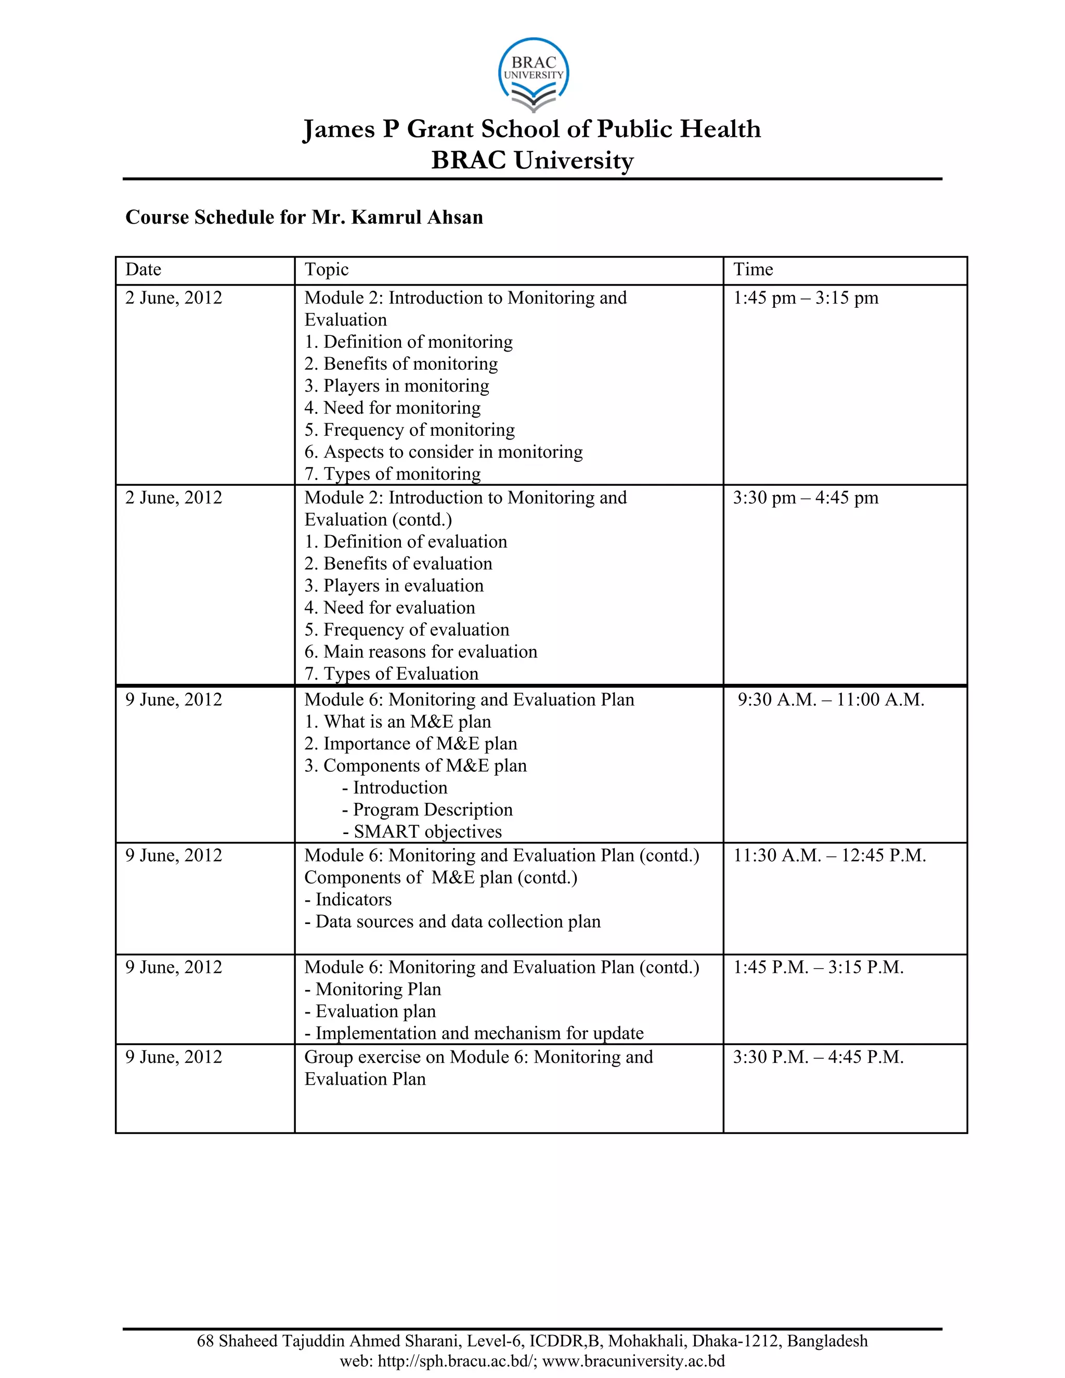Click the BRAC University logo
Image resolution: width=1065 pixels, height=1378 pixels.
(533, 74)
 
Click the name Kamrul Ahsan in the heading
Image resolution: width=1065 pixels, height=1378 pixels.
(417, 217)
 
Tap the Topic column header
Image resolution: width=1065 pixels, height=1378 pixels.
(326, 269)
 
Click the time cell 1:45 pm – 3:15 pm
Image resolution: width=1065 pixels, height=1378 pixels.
(805, 298)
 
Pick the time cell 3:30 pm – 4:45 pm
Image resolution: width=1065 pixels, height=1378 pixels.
(805, 498)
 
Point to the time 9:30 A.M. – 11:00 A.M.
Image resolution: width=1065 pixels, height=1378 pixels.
(830, 700)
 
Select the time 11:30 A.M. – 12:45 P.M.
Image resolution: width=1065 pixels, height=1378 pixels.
(829, 855)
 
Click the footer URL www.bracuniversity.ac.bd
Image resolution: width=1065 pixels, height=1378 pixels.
(633, 1361)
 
